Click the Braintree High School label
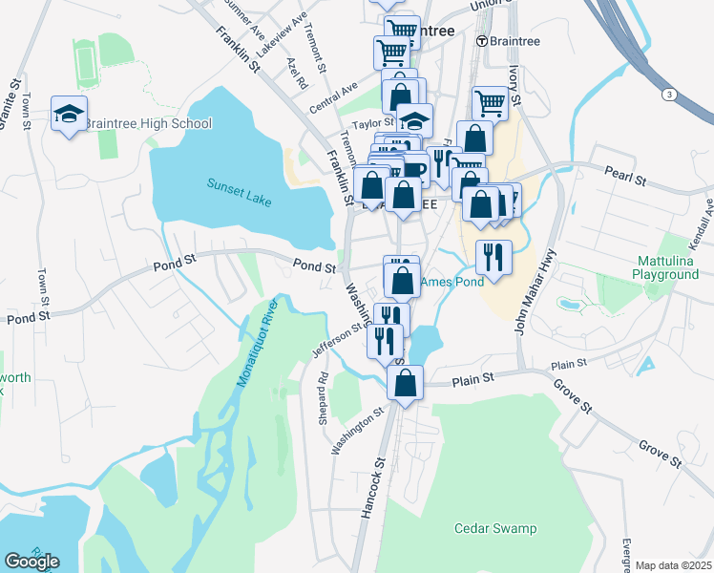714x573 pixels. tap(148, 124)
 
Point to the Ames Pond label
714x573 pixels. tap(452, 281)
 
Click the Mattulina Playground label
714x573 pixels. tap(665, 267)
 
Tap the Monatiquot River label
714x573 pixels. tap(255, 341)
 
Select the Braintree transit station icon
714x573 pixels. tap(482, 41)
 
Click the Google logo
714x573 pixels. tap(31, 562)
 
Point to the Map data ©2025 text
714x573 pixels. tap(672, 564)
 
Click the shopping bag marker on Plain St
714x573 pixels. tap(406, 384)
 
